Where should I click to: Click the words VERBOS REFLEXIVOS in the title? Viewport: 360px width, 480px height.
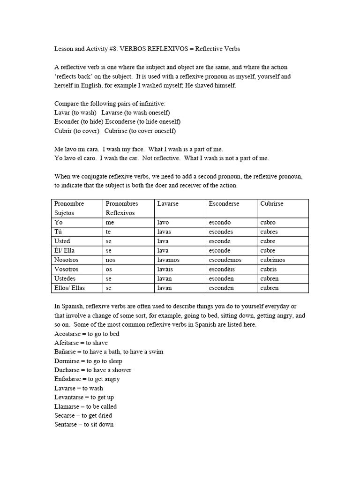157,49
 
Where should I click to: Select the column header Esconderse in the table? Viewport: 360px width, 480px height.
224,204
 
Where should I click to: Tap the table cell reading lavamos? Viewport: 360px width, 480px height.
169,260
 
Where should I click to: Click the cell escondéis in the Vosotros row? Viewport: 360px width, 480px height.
222,270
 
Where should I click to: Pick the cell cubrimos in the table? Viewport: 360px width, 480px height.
273,260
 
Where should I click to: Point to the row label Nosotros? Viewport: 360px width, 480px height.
67,260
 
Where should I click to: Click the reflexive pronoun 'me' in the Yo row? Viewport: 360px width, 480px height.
110,223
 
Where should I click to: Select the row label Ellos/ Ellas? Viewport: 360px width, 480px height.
70,288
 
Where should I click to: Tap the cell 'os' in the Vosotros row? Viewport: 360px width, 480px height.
109,270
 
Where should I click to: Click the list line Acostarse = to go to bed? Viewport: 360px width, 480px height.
87,334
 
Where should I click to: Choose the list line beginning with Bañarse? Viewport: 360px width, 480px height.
109,352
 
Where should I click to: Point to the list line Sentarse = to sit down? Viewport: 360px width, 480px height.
84,425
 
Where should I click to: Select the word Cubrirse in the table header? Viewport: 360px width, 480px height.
272,204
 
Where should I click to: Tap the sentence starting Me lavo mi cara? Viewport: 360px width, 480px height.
135,149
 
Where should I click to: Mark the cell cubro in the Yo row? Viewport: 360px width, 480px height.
268,223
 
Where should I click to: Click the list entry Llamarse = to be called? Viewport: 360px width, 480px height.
86,406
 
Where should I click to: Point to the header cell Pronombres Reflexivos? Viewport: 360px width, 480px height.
121,208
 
